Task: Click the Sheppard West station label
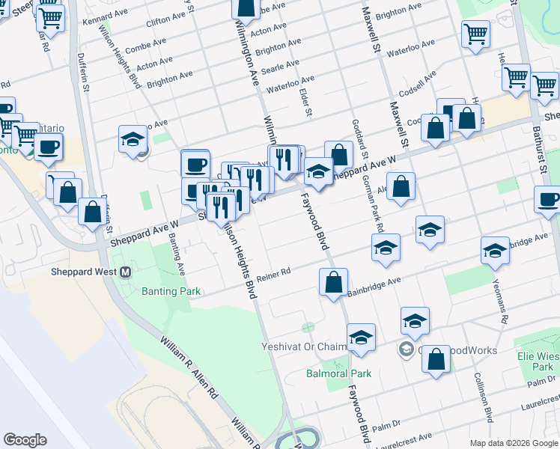(x=83, y=272)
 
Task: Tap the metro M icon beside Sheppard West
(x=126, y=272)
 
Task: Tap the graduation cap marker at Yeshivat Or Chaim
(x=361, y=338)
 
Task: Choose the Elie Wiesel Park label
(x=537, y=361)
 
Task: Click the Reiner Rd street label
(x=273, y=275)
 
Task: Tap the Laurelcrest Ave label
(x=405, y=439)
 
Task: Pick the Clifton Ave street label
(x=165, y=20)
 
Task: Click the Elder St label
(x=305, y=103)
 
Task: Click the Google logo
(x=25, y=440)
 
